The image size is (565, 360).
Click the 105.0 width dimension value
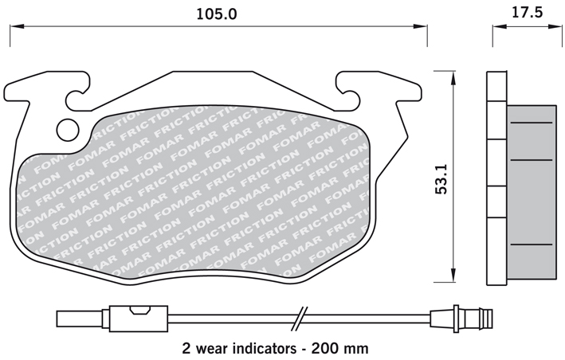pyautogui.click(x=217, y=14)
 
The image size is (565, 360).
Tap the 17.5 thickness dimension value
pyautogui.click(x=527, y=13)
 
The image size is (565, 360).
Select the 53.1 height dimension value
pyautogui.click(x=441, y=179)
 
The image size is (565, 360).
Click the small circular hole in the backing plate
pyautogui.click(x=68, y=130)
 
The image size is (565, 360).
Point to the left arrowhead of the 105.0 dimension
pyautogui.click(x=17, y=26)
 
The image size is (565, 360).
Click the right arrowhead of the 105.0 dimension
pyautogui.click(x=420, y=26)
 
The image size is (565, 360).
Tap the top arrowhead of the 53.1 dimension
pyautogui.click(x=453, y=78)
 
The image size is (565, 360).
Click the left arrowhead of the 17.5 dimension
pyautogui.click(x=500, y=26)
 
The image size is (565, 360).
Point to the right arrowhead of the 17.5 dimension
pyautogui.click(x=555, y=26)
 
